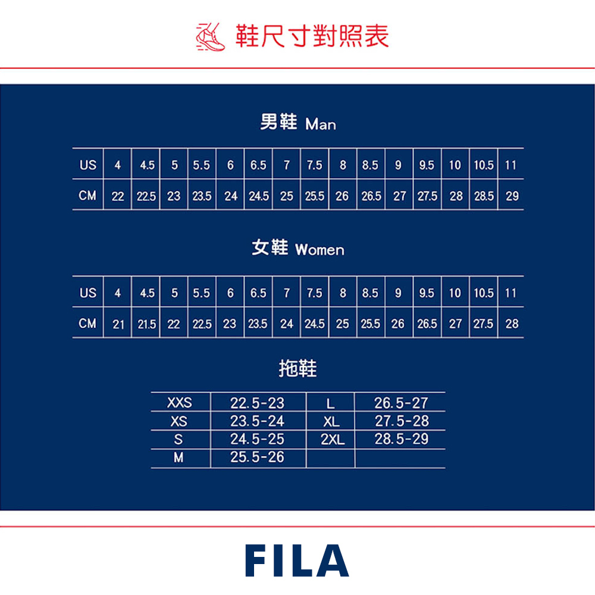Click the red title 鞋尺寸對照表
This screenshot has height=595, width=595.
[x=312, y=36]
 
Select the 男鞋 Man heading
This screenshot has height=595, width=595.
[x=297, y=123]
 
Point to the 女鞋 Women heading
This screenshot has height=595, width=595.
[x=297, y=248]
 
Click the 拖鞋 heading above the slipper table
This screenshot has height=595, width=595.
[x=297, y=369]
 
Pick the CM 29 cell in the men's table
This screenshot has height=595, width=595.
[x=512, y=196]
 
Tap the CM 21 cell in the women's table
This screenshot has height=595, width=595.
[x=118, y=324]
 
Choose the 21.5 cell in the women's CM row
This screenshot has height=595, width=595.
[x=146, y=324]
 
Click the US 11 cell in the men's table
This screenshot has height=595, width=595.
[x=511, y=165]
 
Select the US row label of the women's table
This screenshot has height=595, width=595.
[x=87, y=293]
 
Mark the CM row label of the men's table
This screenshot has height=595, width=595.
[x=87, y=196]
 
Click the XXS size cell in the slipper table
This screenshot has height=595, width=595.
[x=180, y=403]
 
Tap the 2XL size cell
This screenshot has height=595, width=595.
[x=332, y=440]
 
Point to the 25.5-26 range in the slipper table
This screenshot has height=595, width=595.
[x=257, y=458]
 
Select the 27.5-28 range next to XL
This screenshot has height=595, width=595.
[x=402, y=421]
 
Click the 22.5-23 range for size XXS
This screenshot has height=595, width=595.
[x=257, y=403]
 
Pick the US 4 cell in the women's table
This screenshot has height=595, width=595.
[x=118, y=293]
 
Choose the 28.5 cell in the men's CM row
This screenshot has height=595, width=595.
[x=483, y=196]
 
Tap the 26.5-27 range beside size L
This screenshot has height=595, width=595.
[x=401, y=403]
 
